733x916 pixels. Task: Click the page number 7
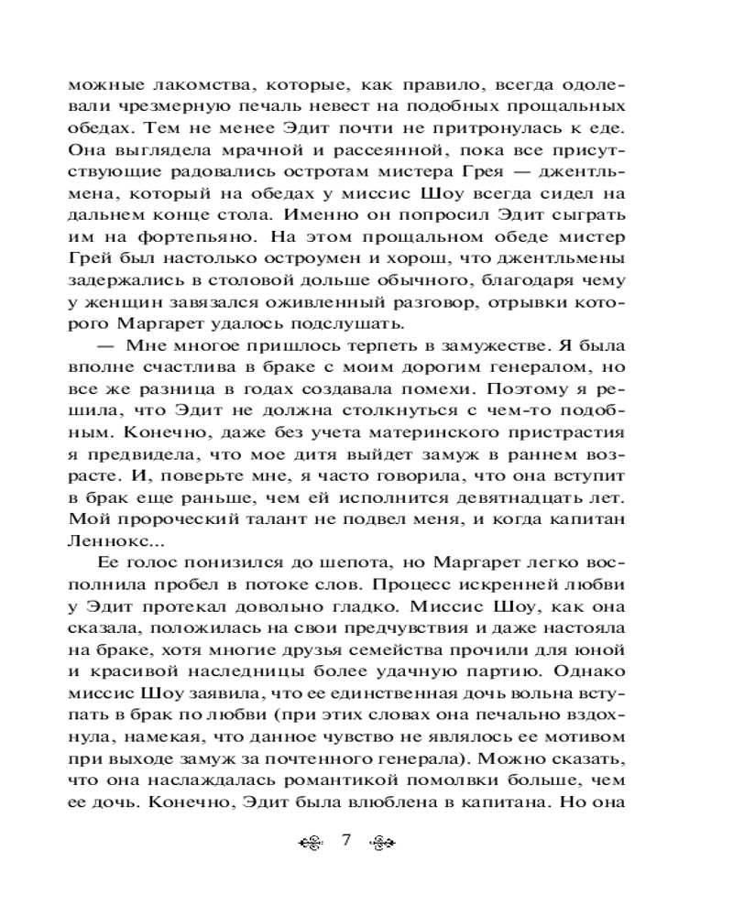(x=346, y=841)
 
